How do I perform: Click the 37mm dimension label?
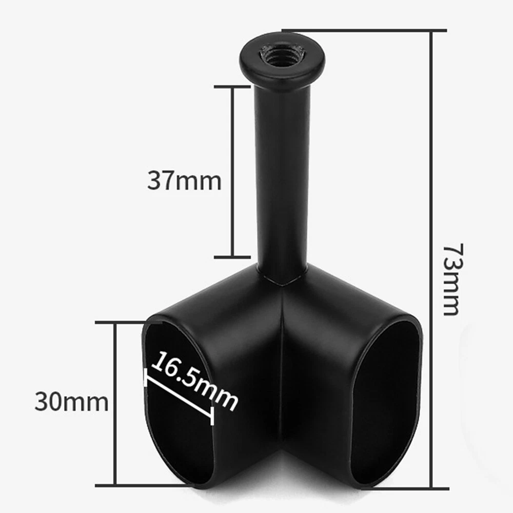pyautogui.click(x=184, y=180)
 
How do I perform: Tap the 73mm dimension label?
pyautogui.click(x=452, y=279)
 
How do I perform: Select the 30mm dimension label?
pyautogui.click(x=71, y=402)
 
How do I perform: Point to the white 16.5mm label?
pyautogui.click(x=194, y=381)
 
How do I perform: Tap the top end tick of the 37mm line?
pyautogui.click(x=232, y=87)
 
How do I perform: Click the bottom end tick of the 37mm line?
pyautogui.click(x=232, y=257)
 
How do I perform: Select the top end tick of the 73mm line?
pyautogui.click(x=364, y=30)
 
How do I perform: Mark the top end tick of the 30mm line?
pyautogui.click(x=128, y=322)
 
